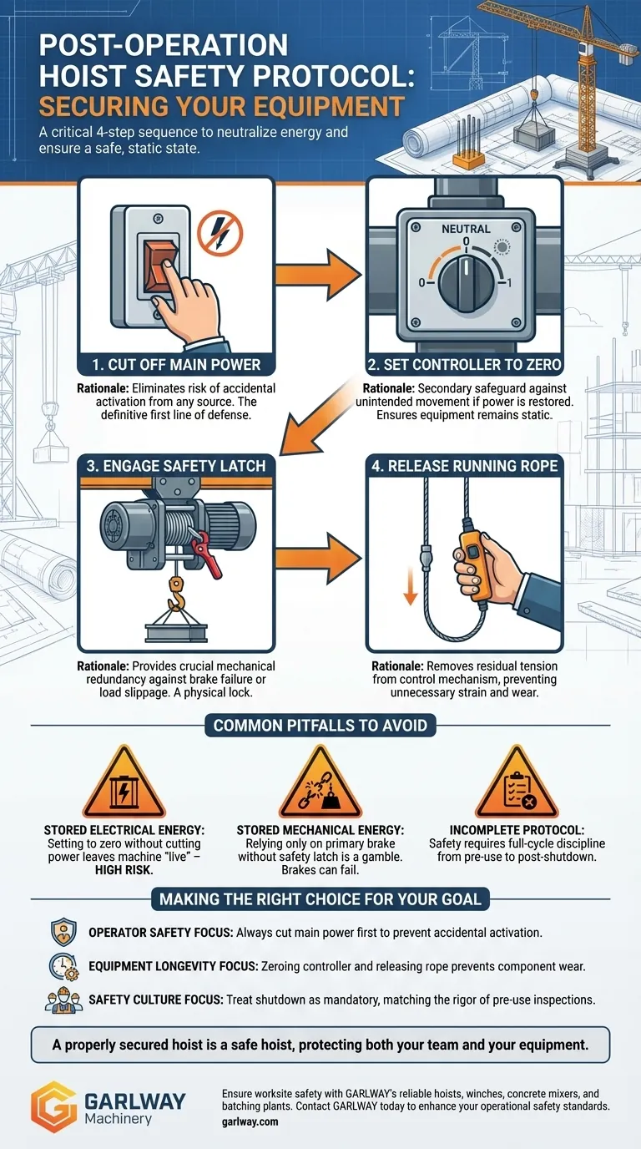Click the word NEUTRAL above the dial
pyautogui.click(x=466, y=228)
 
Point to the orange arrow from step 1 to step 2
pyautogui.click(x=316, y=276)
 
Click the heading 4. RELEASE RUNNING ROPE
pyautogui.click(x=464, y=465)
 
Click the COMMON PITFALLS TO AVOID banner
pyautogui.click(x=320, y=725)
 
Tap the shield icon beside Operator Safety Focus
pyautogui.click(x=63, y=932)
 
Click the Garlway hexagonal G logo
pyautogui.click(x=54, y=1106)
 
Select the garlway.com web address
pyautogui.click(x=250, y=1122)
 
